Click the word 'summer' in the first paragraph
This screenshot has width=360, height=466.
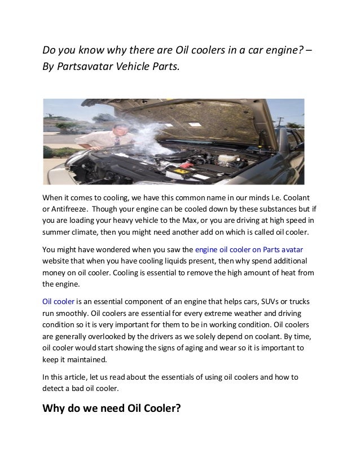(x=58, y=231)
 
